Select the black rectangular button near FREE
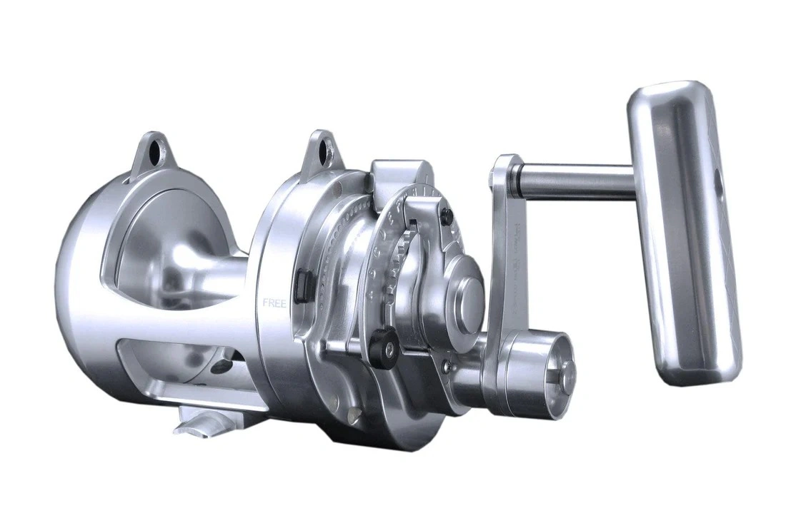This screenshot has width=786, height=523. pyautogui.click(x=302, y=283)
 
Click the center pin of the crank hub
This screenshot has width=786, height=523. pyautogui.click(x=567, y=369)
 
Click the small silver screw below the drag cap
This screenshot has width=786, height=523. pyautogui.click(x=446, y=367)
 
